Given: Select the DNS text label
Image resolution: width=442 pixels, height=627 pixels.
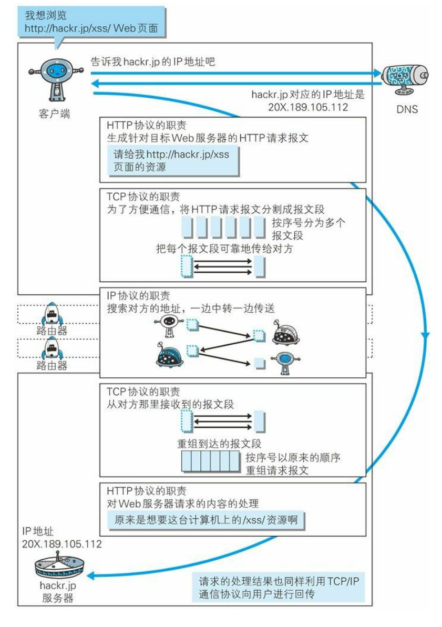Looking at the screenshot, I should click(x=407, y=109).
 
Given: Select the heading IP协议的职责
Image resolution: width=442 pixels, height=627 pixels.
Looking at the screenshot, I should click(x=137, y=295).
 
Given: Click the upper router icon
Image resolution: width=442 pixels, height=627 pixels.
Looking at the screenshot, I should click(x=52, y=313).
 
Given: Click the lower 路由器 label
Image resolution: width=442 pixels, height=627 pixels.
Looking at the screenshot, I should click(x=52, y=365).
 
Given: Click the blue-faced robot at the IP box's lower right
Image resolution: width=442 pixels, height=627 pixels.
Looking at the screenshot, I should click(x=285, y=362).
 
